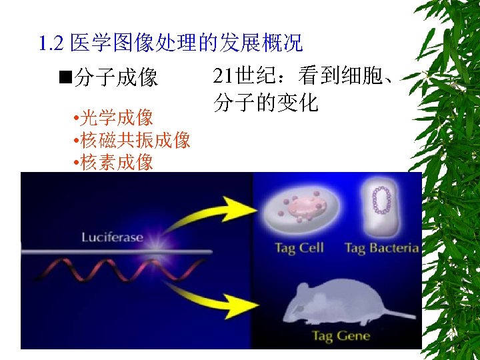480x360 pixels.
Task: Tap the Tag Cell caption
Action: click(x=299, y=248)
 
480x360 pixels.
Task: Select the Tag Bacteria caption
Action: click(x=382, y=248)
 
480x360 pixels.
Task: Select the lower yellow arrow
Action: click(x=213, y=299)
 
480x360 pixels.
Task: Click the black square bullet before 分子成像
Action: click(x=65, y=77)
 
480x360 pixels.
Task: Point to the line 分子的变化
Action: click(x=265, y=103)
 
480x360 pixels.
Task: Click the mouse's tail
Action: click(x=393, y=314)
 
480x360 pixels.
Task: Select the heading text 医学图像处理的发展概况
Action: click(x=186, y=44)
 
